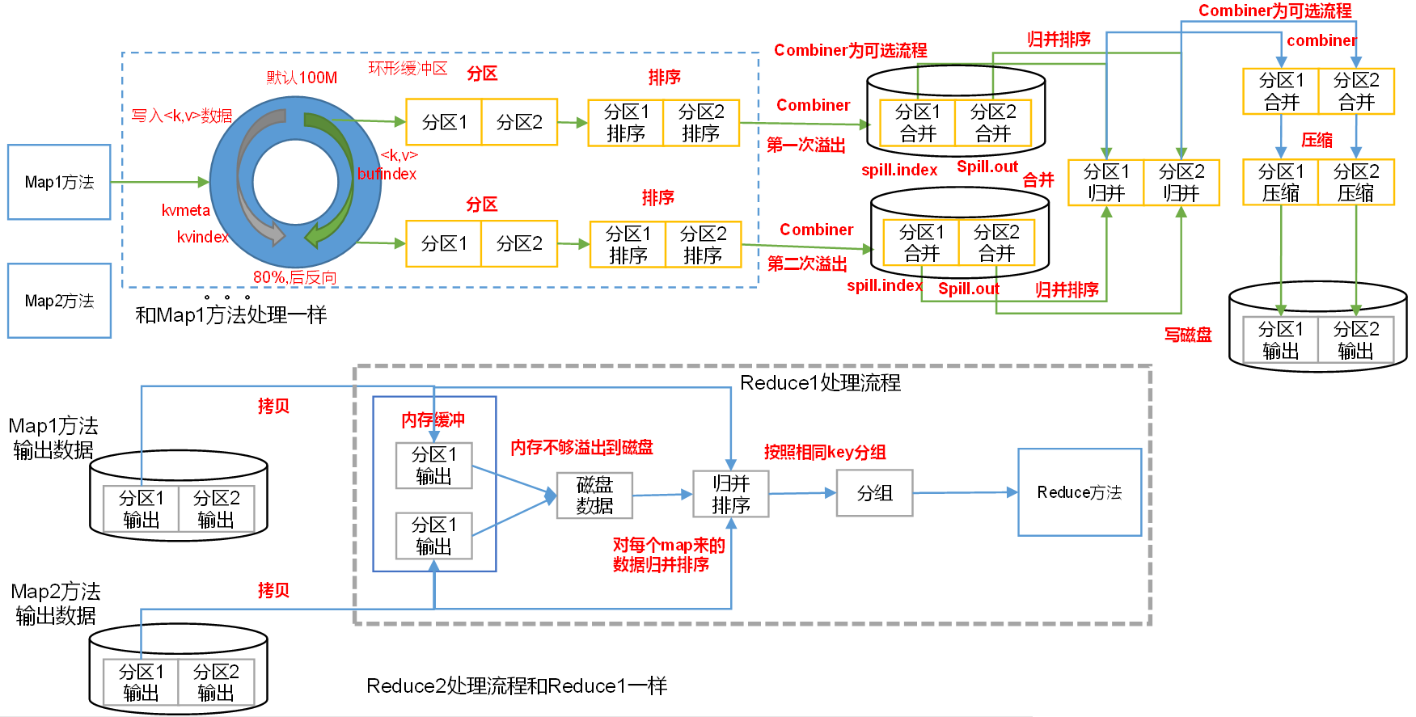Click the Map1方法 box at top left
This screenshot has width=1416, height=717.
[x=59, y=182]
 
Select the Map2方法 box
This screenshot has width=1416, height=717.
[x=59, y=301]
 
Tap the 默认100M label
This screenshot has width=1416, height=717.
[x=302, y=78]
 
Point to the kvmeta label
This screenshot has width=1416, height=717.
[x=185, y=210]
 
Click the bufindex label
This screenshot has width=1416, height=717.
[x=387, y=174]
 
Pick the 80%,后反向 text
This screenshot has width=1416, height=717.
[x=294, y=277]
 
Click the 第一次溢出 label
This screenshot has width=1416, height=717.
[x=805, y=146]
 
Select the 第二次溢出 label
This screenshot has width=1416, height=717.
[x=806, y=264]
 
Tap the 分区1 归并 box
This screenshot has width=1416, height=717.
[x=1105, y=182]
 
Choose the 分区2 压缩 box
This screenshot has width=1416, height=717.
[x=1355, y=182]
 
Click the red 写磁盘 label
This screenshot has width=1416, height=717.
[x=1187, y=335]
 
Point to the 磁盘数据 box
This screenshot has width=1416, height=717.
[x=594, y=495]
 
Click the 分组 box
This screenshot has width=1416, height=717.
[x=874, y=492]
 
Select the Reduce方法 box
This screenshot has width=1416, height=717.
[x=1079, y=492]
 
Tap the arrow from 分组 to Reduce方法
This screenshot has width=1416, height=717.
[x=965, y=492]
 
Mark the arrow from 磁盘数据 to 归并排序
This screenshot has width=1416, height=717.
[x=662, y=495]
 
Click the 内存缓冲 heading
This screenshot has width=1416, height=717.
[x=433, y=420]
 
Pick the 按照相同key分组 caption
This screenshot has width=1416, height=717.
[x=824, y=452]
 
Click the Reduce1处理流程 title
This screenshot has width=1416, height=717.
[x=819, y=382]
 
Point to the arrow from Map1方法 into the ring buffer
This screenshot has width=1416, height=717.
[x=159, y=182]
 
